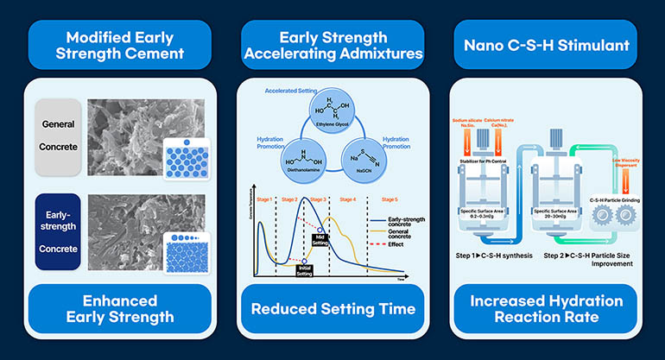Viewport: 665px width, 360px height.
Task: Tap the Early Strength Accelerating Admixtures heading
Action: click(x=332, y=46)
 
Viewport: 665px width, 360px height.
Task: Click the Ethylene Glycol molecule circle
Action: click(x=332, y=112)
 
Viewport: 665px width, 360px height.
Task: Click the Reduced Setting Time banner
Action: click(x=332, y=308)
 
